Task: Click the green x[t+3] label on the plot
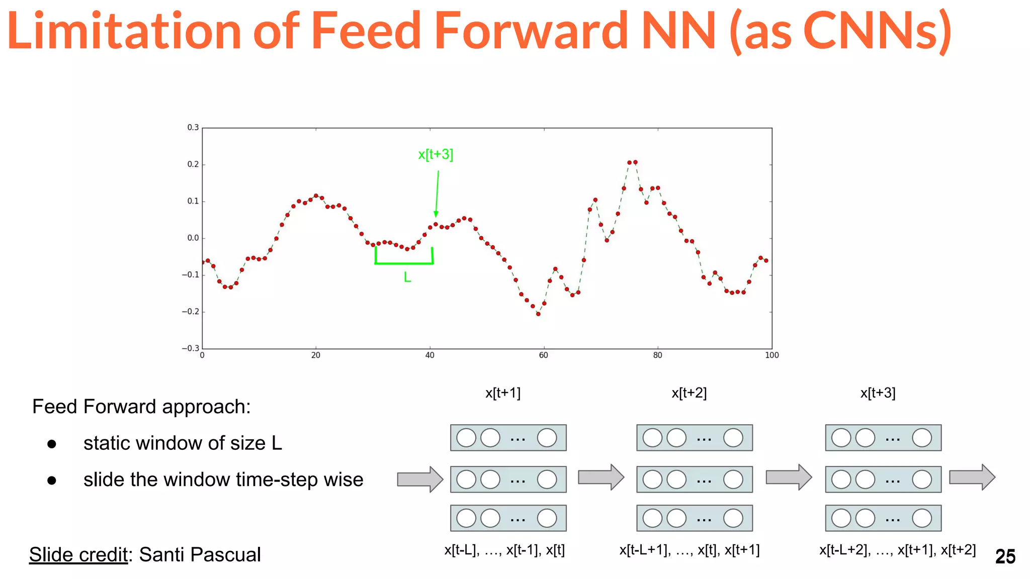(436, 154)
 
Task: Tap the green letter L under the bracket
(407, 277)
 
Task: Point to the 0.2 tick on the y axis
(193, 164)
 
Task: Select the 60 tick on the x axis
(543, 355)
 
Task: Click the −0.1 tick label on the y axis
(191, 275)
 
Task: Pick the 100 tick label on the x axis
(771, 355)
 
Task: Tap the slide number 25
(1005, 556)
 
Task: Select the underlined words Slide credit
(78, 555)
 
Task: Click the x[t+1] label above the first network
(503, 393)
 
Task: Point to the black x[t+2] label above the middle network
(689, 393)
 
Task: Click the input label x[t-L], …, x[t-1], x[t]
(504, 550)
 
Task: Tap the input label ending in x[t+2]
(897, 550)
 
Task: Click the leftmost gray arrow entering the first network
(420, 479)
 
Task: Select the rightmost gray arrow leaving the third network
(972, 477)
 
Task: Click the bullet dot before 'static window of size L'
(52, 444)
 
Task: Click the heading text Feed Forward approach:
(141, 407)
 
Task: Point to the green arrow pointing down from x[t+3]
(437, 194)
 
